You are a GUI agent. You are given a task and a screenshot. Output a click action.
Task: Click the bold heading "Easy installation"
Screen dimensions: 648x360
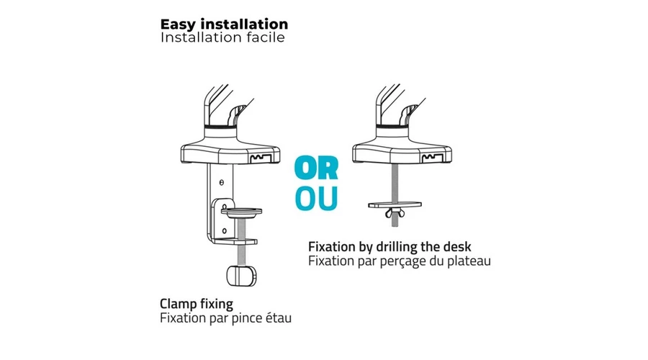(x=224, y=24)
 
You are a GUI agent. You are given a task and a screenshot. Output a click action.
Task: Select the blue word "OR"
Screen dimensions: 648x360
(x=317, y=168)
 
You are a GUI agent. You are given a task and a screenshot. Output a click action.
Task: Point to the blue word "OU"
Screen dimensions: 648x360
(x=317, y=199)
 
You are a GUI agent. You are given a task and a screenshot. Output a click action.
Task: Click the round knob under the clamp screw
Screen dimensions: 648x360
(x=241, y=276)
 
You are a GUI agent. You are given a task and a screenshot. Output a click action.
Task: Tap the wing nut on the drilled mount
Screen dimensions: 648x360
(x=395, y=213)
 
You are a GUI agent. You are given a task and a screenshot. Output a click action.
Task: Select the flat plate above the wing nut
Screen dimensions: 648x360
(x=395, y=204)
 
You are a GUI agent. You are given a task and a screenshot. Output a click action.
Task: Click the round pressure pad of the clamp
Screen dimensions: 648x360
(x=241, y=212)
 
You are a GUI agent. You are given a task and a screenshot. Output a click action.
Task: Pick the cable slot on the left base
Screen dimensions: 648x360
(x=261, y=158)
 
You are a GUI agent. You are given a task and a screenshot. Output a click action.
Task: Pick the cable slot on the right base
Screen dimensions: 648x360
(x=433, y=158)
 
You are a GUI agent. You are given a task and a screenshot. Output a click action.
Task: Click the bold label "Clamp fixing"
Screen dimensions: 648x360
(x=197, y=305)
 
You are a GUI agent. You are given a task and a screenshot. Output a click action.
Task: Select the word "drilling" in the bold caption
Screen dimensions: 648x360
(x=397, y=247)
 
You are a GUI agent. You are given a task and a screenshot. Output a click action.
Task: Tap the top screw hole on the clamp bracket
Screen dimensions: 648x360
(x=222, y=182)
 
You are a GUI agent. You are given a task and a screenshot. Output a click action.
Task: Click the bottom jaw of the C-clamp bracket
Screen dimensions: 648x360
(x=235, y=241)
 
